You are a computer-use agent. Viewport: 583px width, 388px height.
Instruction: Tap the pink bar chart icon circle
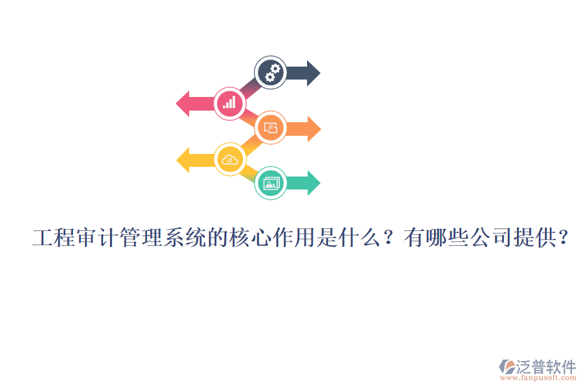click(229, 103)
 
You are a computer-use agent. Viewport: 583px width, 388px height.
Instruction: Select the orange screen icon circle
click(271, 128)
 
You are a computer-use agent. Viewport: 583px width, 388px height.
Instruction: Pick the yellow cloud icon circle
click(230, 159)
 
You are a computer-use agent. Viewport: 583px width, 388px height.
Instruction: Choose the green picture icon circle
click(271, 184)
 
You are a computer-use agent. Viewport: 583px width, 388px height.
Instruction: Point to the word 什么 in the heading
click(352, 239)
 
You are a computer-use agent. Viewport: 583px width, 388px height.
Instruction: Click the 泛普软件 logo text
click(546, 367)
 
